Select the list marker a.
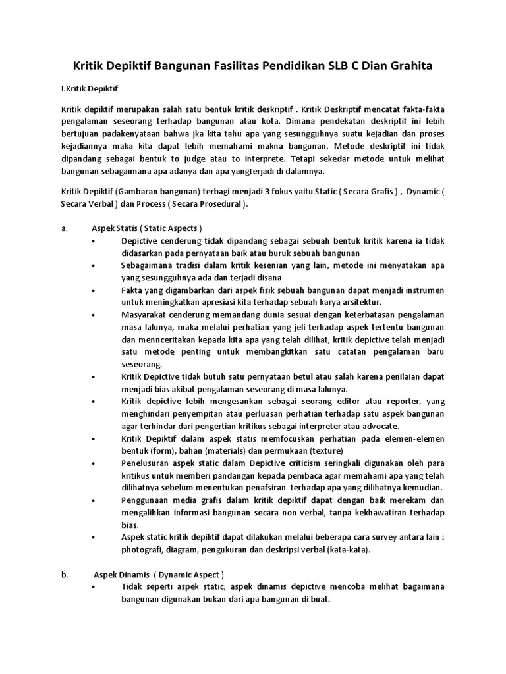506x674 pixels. tap(64, 228)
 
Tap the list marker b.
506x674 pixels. tap(65, 574)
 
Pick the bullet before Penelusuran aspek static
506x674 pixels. tap(96, 463)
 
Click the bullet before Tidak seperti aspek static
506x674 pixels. tap(96, 586)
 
